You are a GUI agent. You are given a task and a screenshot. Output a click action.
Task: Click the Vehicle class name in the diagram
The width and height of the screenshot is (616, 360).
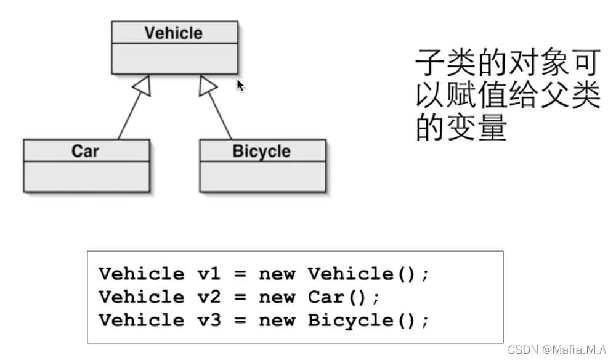[x=173, y=33]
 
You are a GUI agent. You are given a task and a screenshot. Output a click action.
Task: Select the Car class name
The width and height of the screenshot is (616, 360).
[x=85, y=150]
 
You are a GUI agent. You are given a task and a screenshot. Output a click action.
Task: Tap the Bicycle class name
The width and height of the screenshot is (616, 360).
[x=261, y=150]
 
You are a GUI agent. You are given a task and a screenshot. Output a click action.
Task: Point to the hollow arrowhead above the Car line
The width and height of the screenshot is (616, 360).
[x=144, y=87]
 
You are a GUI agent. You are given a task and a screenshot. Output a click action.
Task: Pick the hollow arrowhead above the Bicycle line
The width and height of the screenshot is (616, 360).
[x=206, y=87]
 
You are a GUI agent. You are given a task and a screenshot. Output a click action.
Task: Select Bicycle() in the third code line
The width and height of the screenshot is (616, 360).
[x=367, y=321]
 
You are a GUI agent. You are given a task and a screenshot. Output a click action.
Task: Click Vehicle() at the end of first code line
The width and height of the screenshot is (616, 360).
[x=367, y=274]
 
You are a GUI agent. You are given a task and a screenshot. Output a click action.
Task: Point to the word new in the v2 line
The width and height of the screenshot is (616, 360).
[x=277, y=297]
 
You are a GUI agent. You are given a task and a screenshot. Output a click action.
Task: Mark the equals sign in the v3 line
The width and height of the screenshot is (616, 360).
[x=240, y=321]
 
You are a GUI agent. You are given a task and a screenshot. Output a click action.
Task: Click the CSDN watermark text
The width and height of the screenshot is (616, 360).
[x=557, y=349]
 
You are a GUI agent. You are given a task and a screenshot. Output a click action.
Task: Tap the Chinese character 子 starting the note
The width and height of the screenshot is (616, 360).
[x=430, y=63]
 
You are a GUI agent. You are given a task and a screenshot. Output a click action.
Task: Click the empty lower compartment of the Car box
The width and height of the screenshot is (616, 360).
[x=86, y=176]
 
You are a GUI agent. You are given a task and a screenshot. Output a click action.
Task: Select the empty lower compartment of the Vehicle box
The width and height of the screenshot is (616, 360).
[x=174, y=58]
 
